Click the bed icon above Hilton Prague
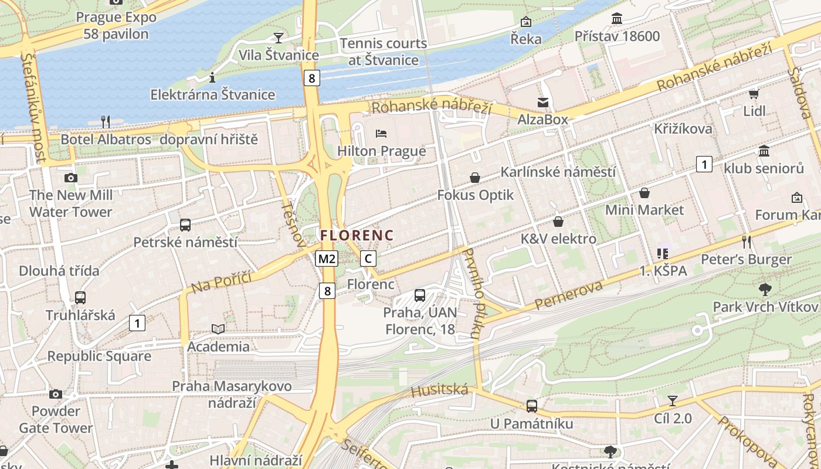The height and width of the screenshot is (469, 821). [381, 134]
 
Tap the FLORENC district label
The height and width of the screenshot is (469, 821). [357, 235]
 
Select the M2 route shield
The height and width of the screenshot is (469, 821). [326, 259]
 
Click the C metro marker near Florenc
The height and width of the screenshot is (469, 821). [368, 259]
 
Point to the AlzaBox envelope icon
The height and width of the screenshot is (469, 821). [543, 103]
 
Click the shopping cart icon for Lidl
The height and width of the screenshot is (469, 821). [754, 94]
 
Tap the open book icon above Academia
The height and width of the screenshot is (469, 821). [218, 329]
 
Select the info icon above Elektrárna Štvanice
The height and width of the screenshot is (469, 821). [212, 77]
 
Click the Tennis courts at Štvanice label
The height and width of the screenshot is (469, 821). [384, 52]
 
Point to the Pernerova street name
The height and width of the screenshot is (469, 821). [568, 296]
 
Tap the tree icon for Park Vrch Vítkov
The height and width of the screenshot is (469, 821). [765, 289]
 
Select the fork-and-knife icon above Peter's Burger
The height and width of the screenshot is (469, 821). [746, 242]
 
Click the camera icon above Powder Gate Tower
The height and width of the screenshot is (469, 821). [56, 394]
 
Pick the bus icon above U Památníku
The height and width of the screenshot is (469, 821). [531, 406]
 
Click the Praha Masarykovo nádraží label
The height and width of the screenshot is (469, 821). [232, 395]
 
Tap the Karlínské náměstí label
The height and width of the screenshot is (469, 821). [558, 172]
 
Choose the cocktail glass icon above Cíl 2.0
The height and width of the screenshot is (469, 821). [673, 401]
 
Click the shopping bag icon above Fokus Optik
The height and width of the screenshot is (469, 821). [475, 178]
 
